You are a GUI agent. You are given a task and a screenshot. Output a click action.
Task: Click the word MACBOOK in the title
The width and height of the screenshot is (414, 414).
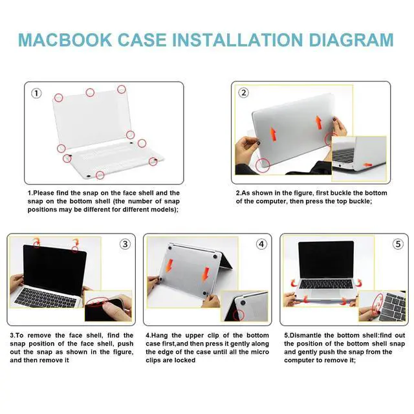tap(65, 40)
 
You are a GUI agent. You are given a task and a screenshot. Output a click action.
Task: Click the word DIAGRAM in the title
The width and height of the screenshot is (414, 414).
tap(351, 40)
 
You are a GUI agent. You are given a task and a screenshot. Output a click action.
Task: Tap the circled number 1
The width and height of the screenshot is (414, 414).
tap(36, 93)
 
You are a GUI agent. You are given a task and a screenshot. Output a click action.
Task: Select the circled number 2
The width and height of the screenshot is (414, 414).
tap(243, 93)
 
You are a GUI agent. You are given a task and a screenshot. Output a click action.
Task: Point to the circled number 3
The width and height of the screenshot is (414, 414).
tap(125, 244)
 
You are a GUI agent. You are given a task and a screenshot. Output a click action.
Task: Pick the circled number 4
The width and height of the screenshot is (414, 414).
tap(261, 244)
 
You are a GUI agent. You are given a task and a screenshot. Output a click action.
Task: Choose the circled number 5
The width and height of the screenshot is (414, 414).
tap(398, 244)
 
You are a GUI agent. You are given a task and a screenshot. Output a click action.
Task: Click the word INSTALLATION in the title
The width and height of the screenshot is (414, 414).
tap(237, 40)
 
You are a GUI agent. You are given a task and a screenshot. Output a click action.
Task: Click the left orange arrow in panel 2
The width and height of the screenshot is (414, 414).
tap(273, 134)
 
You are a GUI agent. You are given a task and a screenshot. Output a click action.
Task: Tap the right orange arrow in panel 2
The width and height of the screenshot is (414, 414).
tap(319, 122)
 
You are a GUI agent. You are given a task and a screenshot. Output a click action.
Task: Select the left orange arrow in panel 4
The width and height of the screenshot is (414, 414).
tap(169, 266)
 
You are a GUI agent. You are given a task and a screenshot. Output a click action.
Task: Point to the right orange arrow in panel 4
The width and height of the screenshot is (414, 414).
tap(206, 274)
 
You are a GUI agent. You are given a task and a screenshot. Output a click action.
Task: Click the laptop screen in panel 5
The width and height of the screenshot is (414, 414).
tap(326, 259)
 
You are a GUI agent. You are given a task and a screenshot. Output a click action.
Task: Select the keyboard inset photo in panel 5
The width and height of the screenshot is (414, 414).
tap(382, 306)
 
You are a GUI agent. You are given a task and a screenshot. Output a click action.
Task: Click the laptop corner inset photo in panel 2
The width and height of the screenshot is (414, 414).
tap(359, 158)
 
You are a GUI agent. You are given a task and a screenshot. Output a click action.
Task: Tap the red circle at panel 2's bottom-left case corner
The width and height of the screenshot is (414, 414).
tap(263, 166)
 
